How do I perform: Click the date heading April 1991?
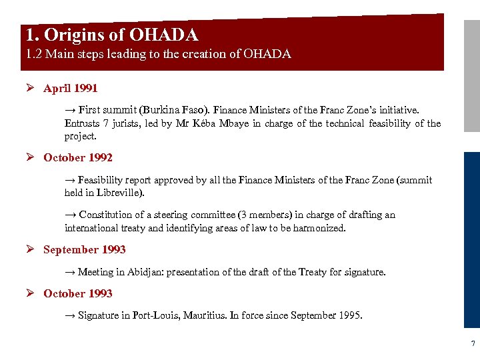pyautogui.click(x=70, y=88)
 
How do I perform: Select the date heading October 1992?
pyautogui.click(x=77, y=157)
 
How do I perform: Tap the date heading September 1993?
pyautogui.click(x=84, y=249)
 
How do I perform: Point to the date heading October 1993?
pyautogui.click(x=77, y=293)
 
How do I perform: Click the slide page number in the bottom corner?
pyautogui.click(x=473, y=344)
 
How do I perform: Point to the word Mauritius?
pyautogui.click(x=203, y=315)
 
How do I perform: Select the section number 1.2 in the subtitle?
pyautogui.click(x=34, y=54)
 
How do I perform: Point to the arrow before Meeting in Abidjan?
pyautogui.click(x=70, y=272)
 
